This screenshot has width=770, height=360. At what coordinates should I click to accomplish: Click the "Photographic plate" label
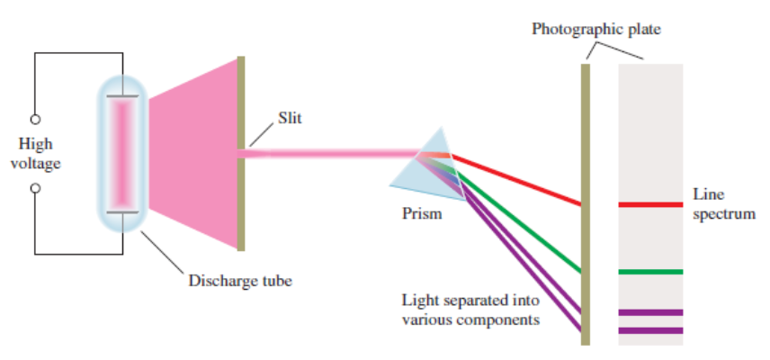coord(595,29)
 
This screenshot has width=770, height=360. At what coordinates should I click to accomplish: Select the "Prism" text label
coord(422,214)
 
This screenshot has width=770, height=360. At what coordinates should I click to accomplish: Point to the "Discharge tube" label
coord(240,280)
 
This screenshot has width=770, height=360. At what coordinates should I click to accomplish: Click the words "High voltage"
coord(35,153)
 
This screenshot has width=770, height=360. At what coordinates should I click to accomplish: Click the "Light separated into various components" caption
coord(471,310)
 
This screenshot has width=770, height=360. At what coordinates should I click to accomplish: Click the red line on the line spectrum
coord(650,204)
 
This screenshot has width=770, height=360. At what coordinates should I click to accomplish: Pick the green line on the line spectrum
coord(650,271)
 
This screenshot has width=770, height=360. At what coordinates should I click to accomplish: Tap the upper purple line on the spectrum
coord(650,312)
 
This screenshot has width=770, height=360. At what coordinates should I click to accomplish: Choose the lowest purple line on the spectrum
coord(650,330)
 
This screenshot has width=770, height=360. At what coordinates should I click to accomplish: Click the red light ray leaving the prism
coord(517,180)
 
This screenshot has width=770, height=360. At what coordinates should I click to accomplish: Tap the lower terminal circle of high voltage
coord(35,188)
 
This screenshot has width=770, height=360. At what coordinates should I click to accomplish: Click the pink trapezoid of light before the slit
coord(193,153)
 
